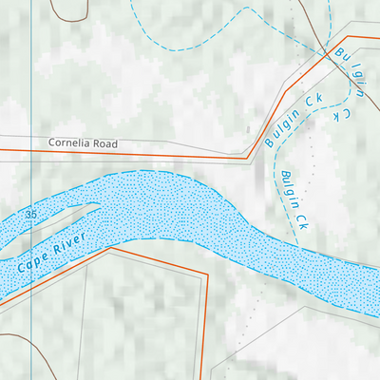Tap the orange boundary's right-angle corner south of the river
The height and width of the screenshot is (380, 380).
coord(206,276)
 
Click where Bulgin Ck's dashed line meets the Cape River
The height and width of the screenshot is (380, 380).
coord(301,245)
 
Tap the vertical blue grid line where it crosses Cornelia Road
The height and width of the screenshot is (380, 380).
coord(31,149)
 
